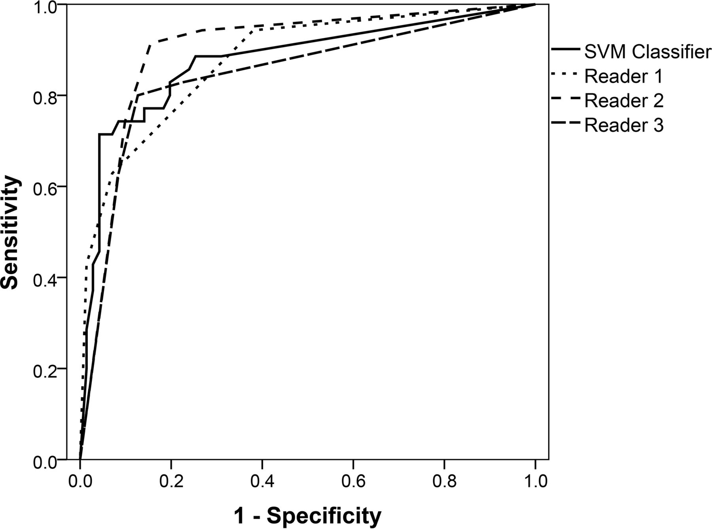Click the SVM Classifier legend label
click(x=648, y=52)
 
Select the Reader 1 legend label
click(x=623, y=76)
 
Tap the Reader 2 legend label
click(x=624, y=101)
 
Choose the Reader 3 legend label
click(x=624, y=125)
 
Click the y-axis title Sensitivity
click(x=11, y=233)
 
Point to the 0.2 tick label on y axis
click(x=44, y=369)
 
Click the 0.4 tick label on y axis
click(x=44, y=278)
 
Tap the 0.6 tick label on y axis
click(x=44, y=187)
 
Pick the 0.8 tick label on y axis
click(x=44, y=96)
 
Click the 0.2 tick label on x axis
click(x=171, y=481)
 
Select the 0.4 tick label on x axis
click(x=262, y=481)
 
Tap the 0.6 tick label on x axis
click(x=353, y=481)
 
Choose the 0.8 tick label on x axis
click(x=444, y=481)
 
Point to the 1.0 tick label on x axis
click(x=535, y=481)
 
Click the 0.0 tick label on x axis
click(x=80, y=481)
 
